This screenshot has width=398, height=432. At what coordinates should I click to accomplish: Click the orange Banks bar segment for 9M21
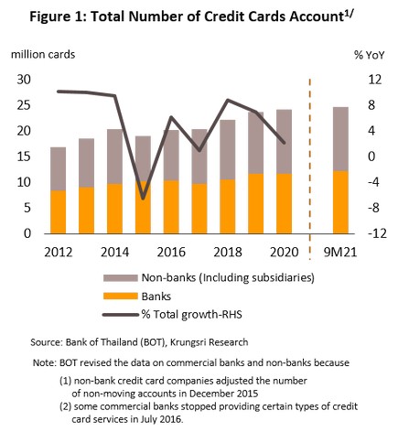340,202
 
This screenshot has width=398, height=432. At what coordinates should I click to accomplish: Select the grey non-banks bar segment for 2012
58,168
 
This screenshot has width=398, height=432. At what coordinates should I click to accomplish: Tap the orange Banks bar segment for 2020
285,204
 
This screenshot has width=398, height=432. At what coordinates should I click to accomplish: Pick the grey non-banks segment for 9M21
340,139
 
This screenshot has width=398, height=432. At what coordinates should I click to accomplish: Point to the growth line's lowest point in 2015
143,199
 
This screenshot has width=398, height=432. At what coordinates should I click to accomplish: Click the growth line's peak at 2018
228,100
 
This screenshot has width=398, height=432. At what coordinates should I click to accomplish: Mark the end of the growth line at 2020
285,143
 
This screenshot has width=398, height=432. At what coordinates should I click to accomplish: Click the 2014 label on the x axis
114,253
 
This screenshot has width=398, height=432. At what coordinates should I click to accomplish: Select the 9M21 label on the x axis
340,253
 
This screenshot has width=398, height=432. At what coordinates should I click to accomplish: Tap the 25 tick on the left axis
24,105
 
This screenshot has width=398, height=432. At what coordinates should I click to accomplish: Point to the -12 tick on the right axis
377,233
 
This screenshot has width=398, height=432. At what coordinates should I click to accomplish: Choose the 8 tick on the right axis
371,105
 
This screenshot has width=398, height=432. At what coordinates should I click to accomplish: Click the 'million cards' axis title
43,55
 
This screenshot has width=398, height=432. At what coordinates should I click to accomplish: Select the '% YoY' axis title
370,55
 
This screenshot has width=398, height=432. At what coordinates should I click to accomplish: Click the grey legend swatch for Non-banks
121,278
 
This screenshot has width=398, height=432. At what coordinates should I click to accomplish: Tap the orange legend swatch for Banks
121,297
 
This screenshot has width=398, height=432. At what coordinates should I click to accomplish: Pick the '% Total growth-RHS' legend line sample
121,315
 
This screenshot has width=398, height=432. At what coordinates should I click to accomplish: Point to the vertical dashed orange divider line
310,169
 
